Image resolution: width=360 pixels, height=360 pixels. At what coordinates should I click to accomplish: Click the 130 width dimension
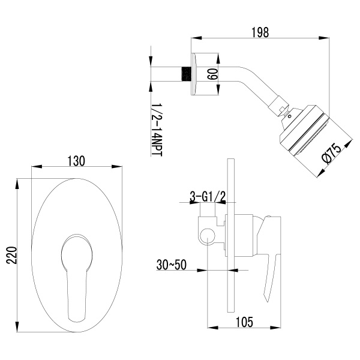[x=76, y=161]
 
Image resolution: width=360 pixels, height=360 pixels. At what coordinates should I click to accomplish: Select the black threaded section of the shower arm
[x=187, y=74]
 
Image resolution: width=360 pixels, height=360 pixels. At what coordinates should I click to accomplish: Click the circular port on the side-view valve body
[x=208, y=235]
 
